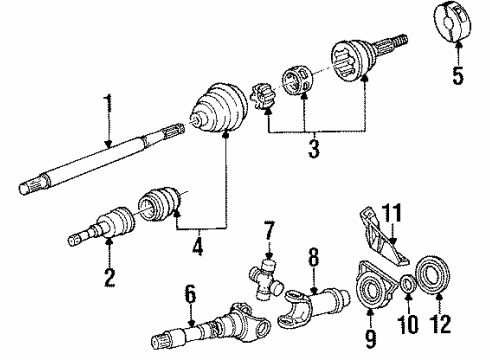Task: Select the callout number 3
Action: (313, 151)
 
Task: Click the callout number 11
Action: (395, 241)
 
